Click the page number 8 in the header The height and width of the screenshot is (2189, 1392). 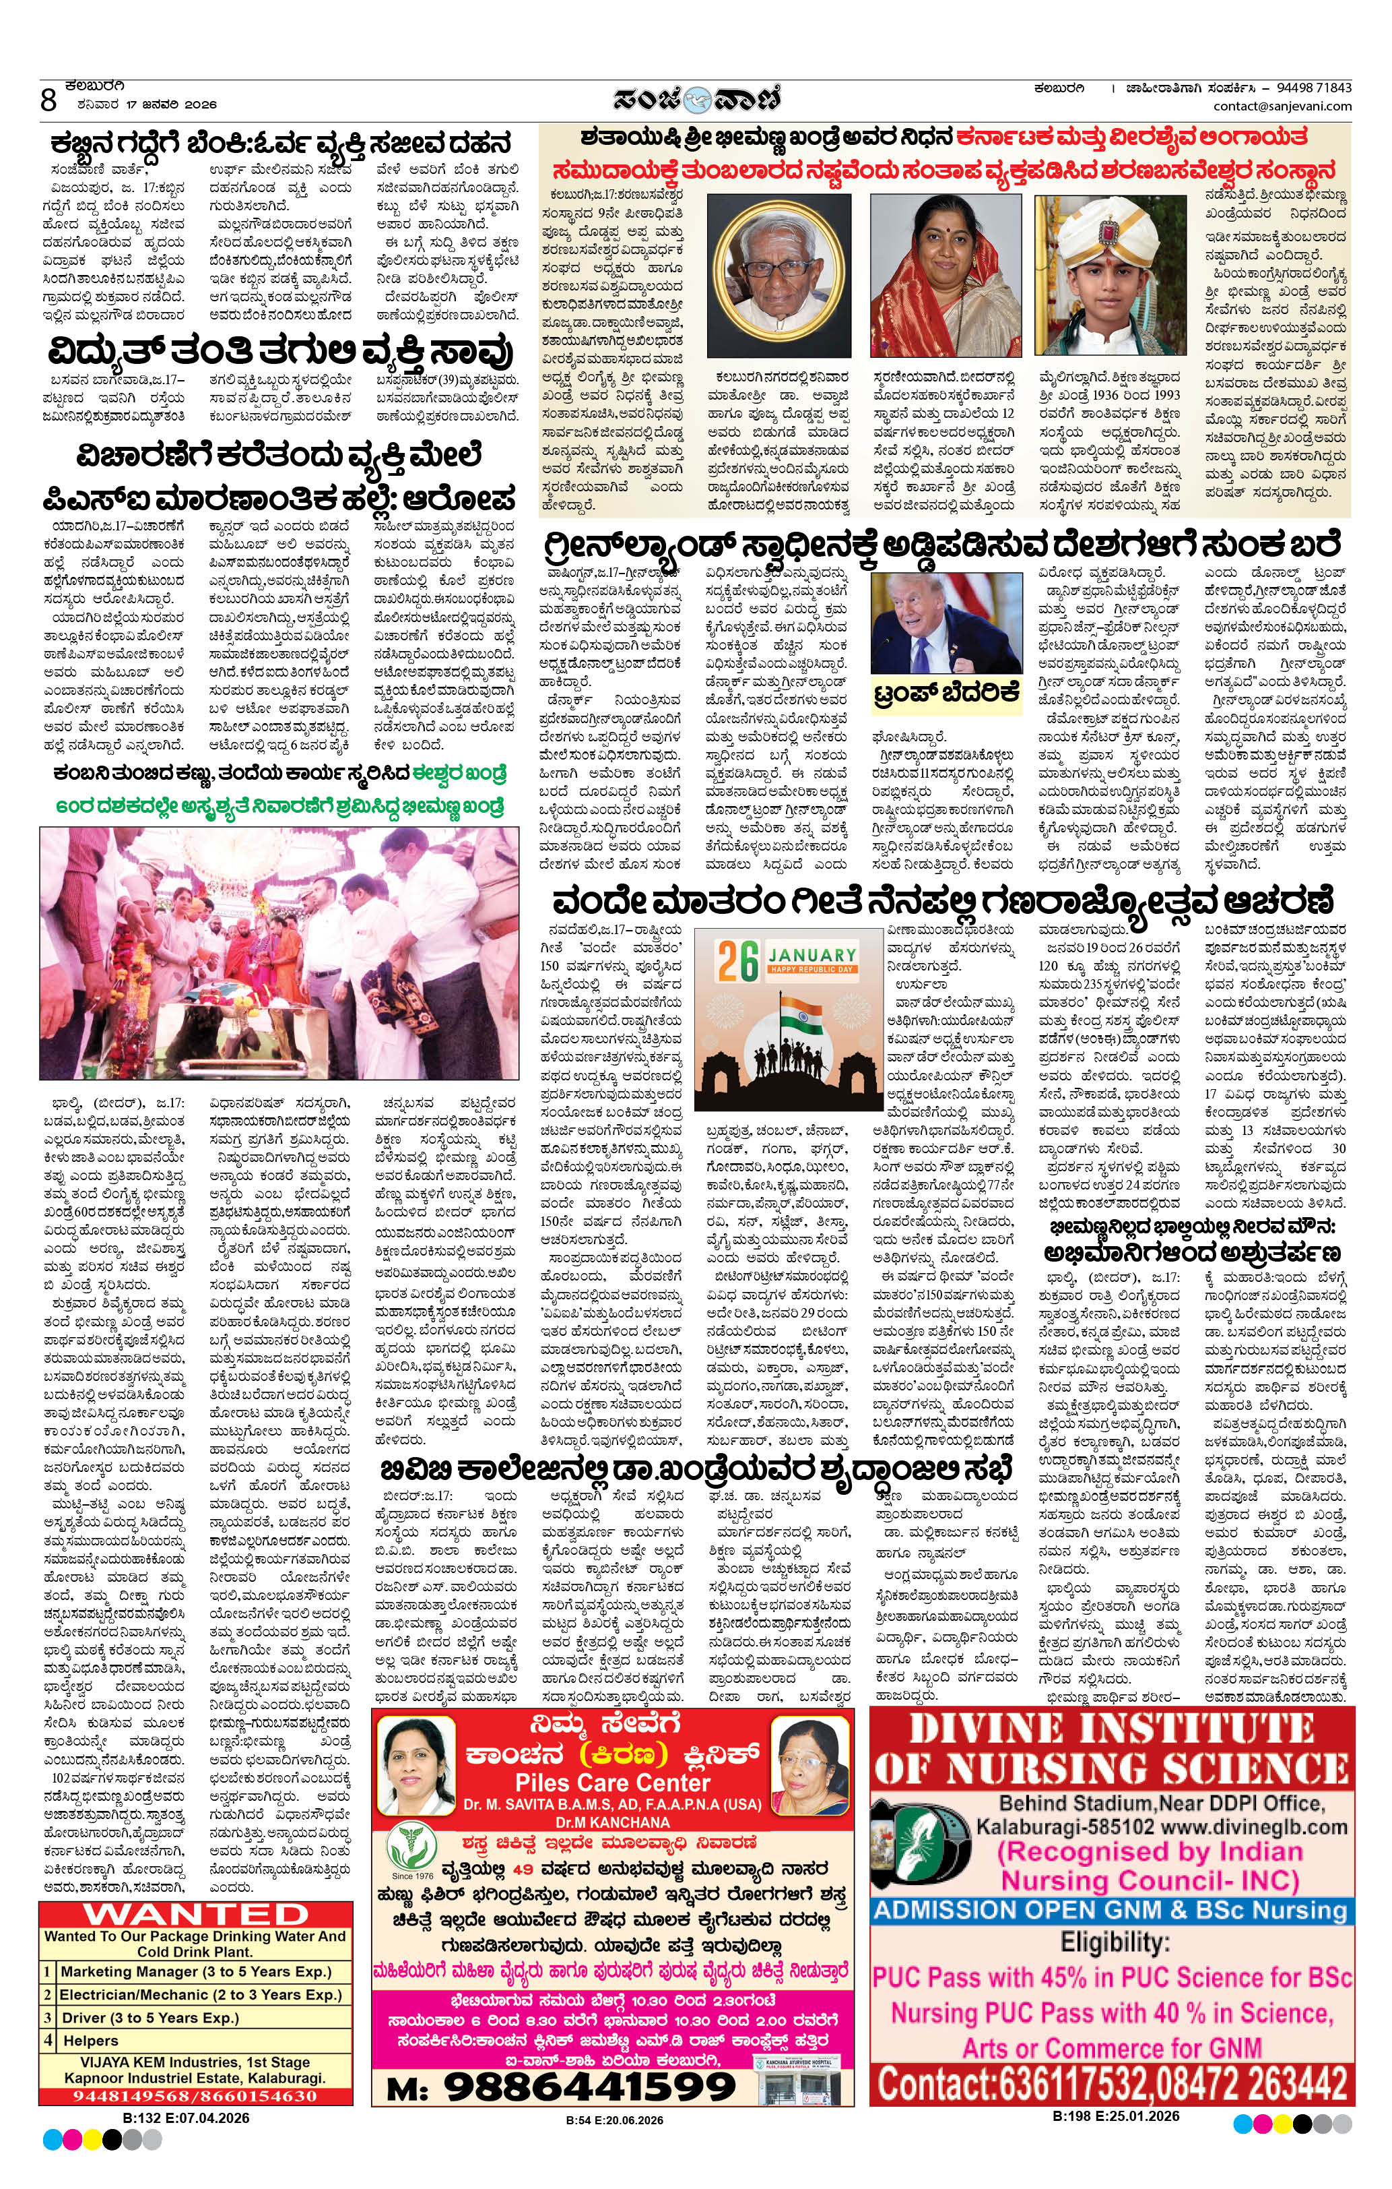click(48, 99)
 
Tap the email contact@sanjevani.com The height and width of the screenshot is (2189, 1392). click(1282, 106)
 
